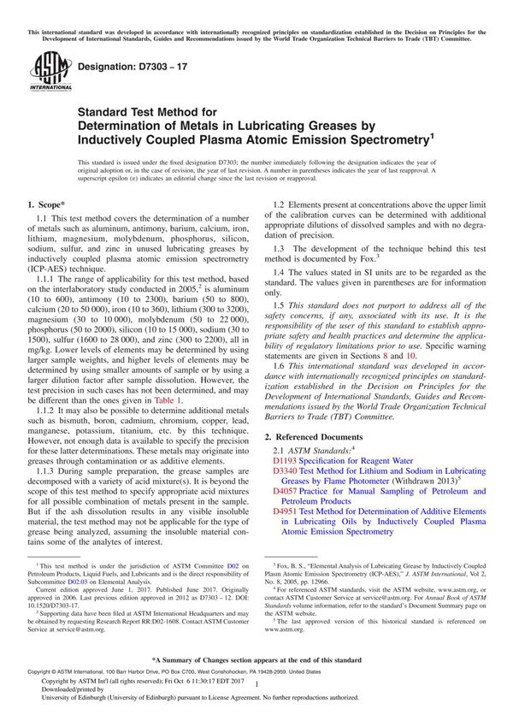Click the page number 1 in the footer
[x=257, y=697]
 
